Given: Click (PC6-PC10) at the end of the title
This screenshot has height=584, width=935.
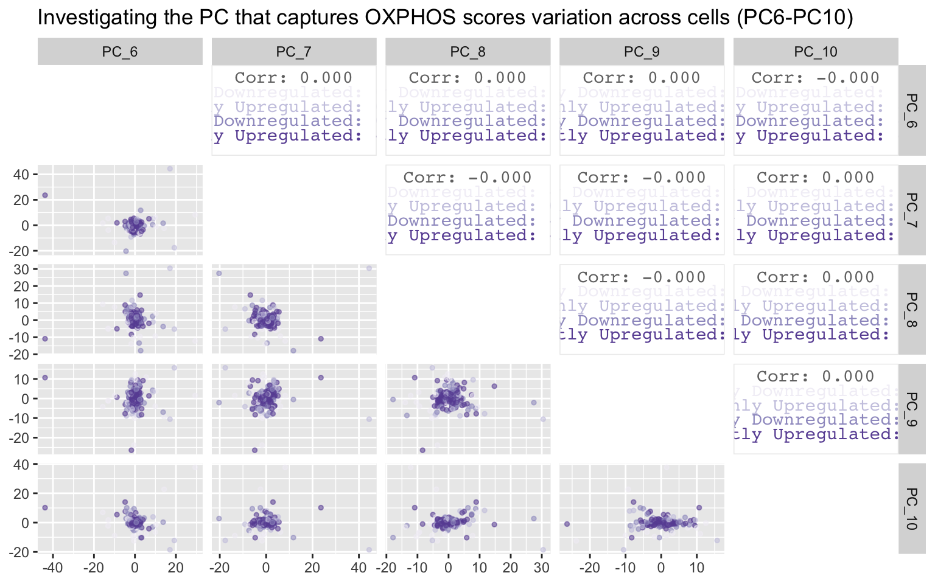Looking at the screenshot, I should point(794,17).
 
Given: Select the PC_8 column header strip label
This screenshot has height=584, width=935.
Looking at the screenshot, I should point(467,52).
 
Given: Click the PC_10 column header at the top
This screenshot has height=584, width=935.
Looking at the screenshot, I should point(816,52).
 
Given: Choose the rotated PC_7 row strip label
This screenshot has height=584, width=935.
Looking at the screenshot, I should point(911,210).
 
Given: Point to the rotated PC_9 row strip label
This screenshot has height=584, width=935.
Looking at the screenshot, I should point(911,409).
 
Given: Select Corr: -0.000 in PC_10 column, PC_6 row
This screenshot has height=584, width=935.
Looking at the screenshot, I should point(816,78).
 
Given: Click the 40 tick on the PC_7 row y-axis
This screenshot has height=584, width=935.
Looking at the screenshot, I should point(21,175).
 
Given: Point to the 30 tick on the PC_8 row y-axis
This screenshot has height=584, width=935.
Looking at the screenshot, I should point(21,269).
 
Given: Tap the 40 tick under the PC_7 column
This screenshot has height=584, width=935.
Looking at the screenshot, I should point(359,568).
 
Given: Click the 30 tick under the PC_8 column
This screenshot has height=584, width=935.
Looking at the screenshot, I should point(541,568).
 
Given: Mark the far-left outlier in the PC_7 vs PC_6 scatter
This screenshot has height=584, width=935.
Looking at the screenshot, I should point(44,195).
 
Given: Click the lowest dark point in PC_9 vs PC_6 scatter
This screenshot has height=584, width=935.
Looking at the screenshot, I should point(131,450).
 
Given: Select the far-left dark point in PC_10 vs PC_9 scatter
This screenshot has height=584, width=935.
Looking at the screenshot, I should point(567,524).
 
